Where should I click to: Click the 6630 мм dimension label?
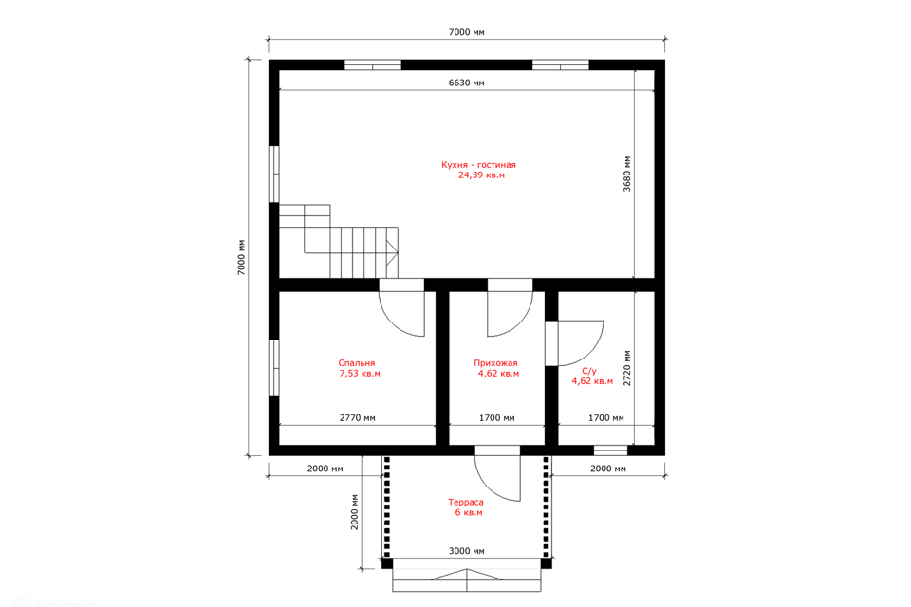click(466, 83)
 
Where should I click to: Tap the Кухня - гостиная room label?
click(478, 165)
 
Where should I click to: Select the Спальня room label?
click(357, 363)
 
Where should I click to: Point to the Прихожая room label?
click(495, 363)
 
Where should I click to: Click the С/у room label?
click(589, 371)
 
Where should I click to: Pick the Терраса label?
click(466, 503)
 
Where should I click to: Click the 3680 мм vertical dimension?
click(627, 174)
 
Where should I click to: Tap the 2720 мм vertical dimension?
click(627, 368)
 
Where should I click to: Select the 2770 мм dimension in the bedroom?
click(358, 417)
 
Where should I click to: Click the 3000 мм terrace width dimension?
click(467, 551)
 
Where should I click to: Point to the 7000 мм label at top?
click(467, 32)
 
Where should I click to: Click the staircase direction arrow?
click(393, 252)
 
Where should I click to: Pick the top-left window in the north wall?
click(372, 64)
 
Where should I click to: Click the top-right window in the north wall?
click(561, 64)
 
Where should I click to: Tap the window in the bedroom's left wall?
click(273, 368)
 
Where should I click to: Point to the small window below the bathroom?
click(610, 451)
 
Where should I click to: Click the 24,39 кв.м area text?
click(482, 175)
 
